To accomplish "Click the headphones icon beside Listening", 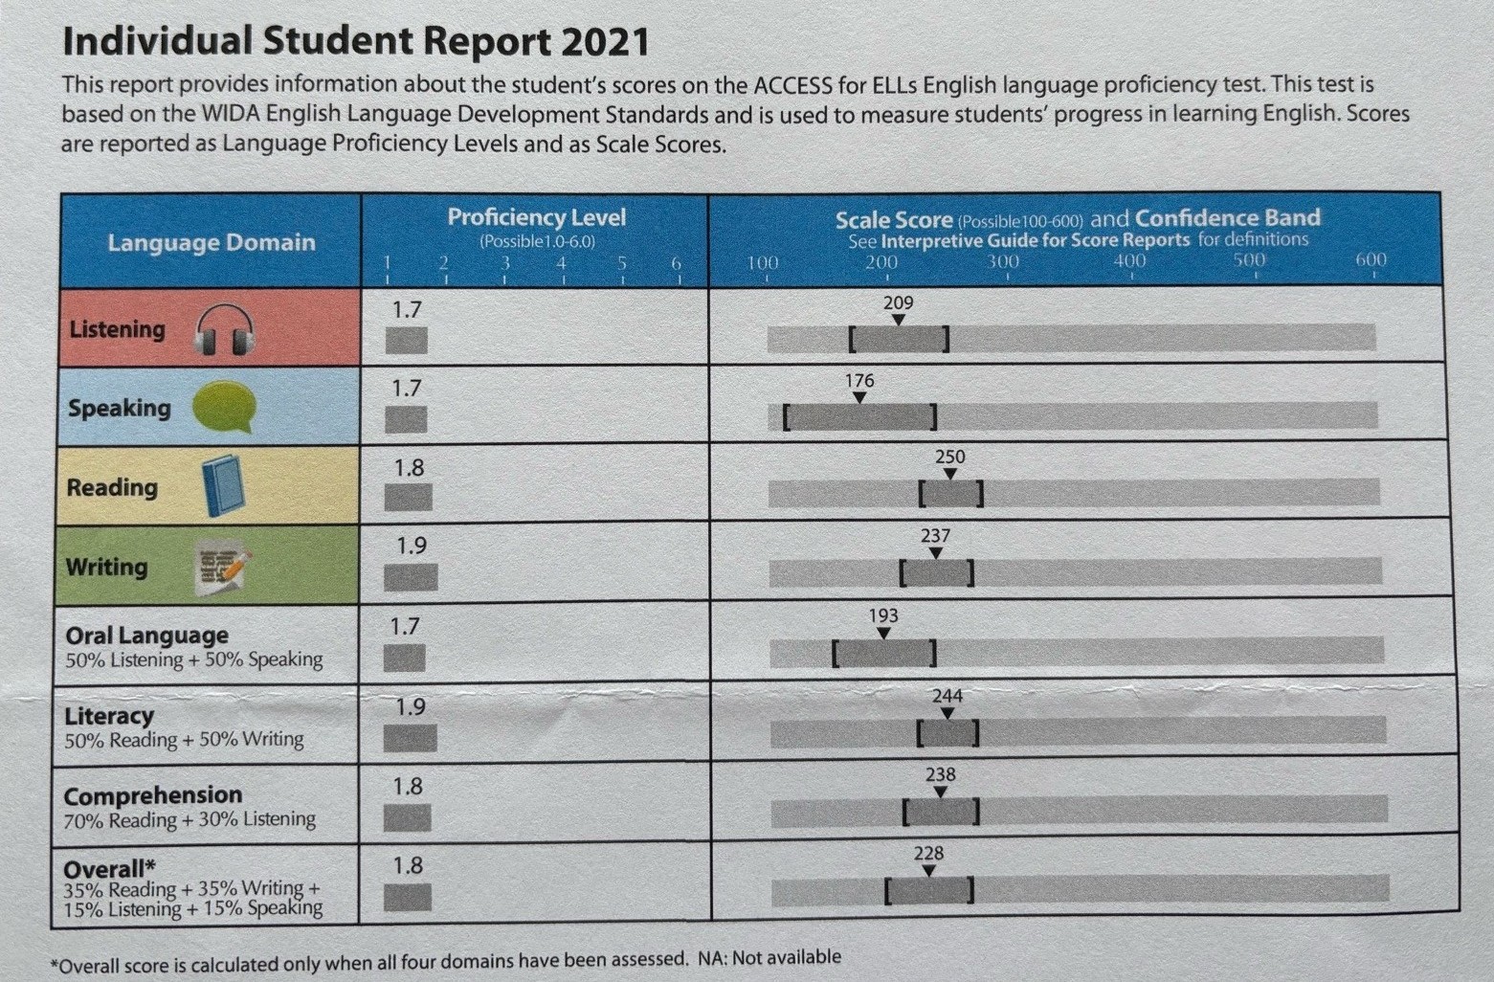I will (225, 330).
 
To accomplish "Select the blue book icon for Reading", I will (223, 486).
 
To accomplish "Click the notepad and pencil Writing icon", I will (222, 568).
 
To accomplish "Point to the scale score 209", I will (898, 303).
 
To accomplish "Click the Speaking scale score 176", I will (859, 381).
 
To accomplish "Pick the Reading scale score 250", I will (949, 458).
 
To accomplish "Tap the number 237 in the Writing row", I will (935, 536).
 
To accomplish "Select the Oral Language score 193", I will (883, 615).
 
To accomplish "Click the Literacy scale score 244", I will (948, 696).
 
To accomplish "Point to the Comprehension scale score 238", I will (941, 774).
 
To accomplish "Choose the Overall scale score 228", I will (928, 853).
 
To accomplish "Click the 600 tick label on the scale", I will (1371, 259).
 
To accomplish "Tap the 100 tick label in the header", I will (763, 262).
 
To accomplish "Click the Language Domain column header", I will (211, 243).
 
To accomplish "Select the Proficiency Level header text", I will (536, 218).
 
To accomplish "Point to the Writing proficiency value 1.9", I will (412, 546).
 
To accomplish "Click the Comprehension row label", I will (153, 795).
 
